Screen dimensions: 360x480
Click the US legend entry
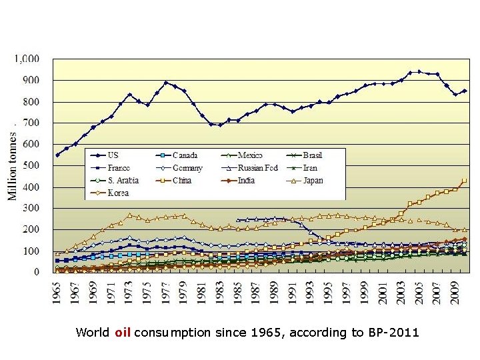(113, 155)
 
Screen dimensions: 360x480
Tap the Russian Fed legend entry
(257, 168)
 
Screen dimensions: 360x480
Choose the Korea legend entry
(117, 193)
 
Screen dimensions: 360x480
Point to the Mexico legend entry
(251, 155)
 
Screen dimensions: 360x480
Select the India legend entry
(246, 180)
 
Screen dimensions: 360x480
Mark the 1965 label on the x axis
(57, 290)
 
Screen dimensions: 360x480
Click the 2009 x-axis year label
(455, 290)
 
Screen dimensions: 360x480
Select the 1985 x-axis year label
(238, 290)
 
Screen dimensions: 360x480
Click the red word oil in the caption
(122, 332)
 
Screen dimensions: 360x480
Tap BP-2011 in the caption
(393, 332)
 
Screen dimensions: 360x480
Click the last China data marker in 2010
(464, 180)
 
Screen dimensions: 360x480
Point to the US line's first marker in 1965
(57, 155)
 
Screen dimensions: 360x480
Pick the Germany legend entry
(187, 168)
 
